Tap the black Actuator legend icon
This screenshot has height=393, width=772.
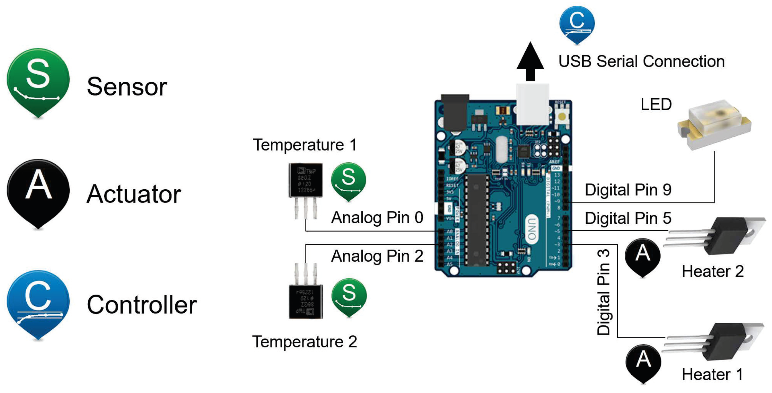(38, 192)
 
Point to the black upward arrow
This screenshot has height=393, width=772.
(530, 61)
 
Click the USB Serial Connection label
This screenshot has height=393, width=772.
(641, 61)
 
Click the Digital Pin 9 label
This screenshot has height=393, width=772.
(628, 190)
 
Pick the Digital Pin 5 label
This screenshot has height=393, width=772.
(628, 218)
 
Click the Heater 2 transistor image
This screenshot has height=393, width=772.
(719, 236)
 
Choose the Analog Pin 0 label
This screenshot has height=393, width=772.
(377, 217)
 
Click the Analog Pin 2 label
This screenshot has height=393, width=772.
(377, 256)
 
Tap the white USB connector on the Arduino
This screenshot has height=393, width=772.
(533, 104)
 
